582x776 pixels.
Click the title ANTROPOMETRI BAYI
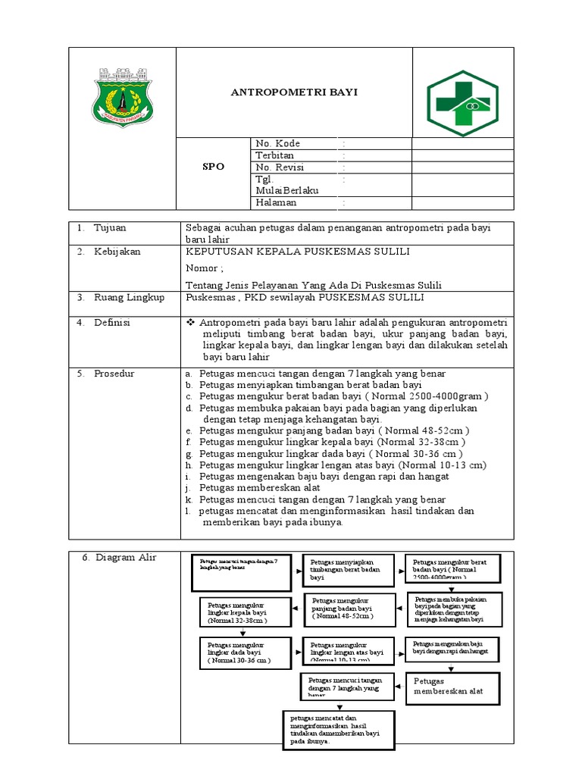(294, 92)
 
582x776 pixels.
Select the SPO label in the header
(213, 167)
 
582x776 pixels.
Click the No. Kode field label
(277, 144)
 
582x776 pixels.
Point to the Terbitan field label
(274, 155)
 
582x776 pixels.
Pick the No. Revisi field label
(279, 167)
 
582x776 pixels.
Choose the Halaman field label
(277, 203)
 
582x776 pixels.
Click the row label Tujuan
(111, 228)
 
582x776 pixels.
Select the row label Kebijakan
(117, 252)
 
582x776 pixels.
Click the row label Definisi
(112, 323)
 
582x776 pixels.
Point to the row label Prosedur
(114, 374)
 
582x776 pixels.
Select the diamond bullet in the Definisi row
(190, 323)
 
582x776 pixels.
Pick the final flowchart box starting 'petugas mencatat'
(339, 730)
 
